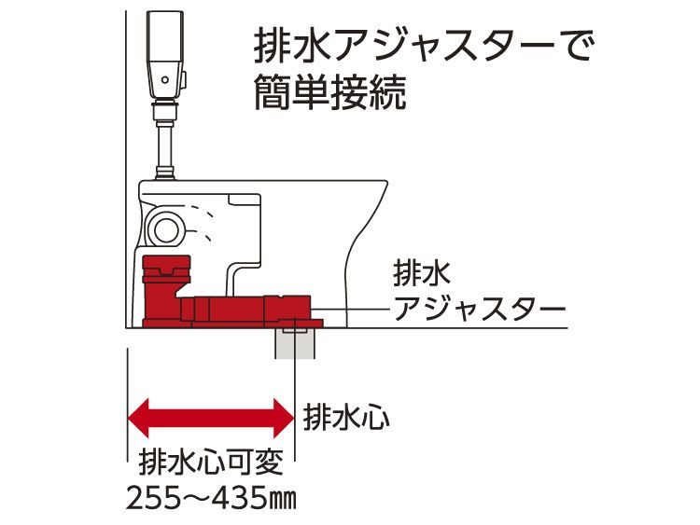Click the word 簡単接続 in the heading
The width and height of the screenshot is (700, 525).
point(331,93)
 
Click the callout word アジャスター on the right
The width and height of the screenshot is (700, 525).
point(479,307)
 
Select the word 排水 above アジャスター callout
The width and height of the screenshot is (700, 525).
point(422,273)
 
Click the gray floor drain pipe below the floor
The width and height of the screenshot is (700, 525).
point(297,343)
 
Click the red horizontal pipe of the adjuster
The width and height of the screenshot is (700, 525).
point(247,307)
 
